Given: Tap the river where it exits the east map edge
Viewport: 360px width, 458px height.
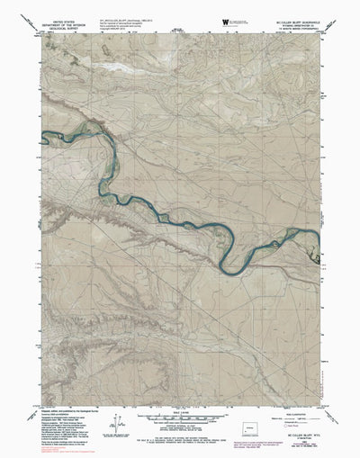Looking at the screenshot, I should point(316,238).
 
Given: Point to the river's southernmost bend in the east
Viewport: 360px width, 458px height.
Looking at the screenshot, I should point(231,268).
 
